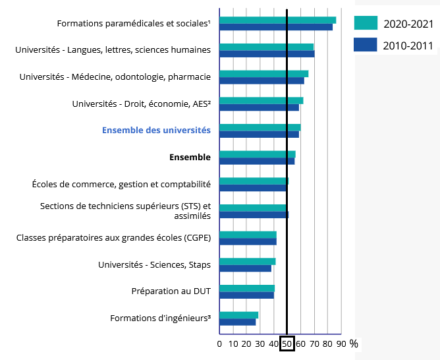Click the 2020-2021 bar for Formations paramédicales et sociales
[x=277, y=20]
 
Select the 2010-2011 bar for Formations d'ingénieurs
[x=237, y=322]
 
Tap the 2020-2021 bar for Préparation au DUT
[x=246, y=288]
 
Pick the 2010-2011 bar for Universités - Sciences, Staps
[x=245, y=268]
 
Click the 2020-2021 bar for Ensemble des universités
[x=260, y=127]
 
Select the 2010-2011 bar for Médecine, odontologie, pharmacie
[x=261, y=80]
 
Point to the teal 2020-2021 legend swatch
[x=366, y=23]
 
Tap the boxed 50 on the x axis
[x=287, y=344]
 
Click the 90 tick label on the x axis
[x=341, y=344]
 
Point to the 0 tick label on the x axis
[x=219, y=344]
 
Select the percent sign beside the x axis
[x=354, y=344]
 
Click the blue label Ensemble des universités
[x=156, y=130]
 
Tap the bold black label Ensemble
[x=190, y=157]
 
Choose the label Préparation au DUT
[x=171, y=291]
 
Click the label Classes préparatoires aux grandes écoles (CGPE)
[x=113, y=237]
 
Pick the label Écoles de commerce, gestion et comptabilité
[x=121, y=184]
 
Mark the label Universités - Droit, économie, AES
[x=141, y=104]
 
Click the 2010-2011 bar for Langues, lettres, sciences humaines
[x=266, y=53]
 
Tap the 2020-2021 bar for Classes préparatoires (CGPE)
[x=248, y=235]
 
